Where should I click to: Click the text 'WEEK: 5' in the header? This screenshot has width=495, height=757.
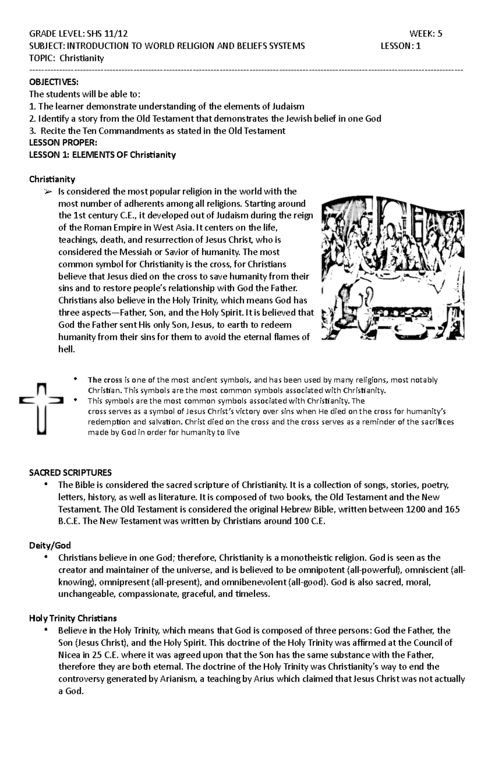pos(426,34)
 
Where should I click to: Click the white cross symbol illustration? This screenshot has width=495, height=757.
pos(41,408)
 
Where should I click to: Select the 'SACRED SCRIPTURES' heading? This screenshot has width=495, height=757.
pos(71,472)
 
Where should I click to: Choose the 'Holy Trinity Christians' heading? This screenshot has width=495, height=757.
pos(73,618)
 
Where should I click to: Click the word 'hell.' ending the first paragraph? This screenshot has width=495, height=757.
pos(67,349)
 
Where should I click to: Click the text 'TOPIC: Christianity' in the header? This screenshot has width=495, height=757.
pos(66,58)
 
